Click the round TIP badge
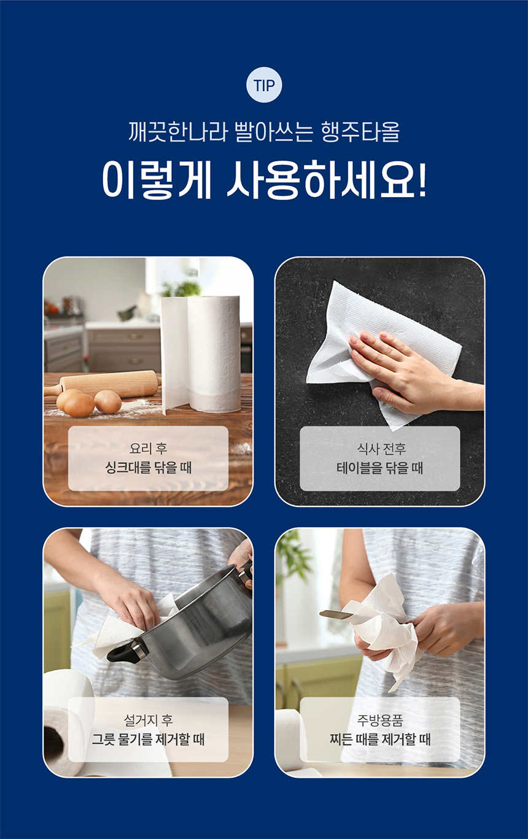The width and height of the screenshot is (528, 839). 264,85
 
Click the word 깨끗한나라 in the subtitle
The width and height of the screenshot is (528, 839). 177,131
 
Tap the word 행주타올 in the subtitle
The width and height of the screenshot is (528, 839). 360,131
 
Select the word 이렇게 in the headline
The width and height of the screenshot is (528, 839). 157,180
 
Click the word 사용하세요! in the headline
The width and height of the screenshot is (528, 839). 327,180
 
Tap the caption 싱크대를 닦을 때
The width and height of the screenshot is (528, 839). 149,468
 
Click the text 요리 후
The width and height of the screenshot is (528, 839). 149,448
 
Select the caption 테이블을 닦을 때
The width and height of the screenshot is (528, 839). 379,468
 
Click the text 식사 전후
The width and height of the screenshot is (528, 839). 381,448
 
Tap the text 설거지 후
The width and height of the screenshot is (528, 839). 149,719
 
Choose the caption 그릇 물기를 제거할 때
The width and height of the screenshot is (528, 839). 149,739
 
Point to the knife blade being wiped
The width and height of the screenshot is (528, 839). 336,614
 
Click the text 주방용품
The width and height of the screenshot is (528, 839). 379,719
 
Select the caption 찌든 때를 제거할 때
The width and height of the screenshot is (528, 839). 379,739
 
